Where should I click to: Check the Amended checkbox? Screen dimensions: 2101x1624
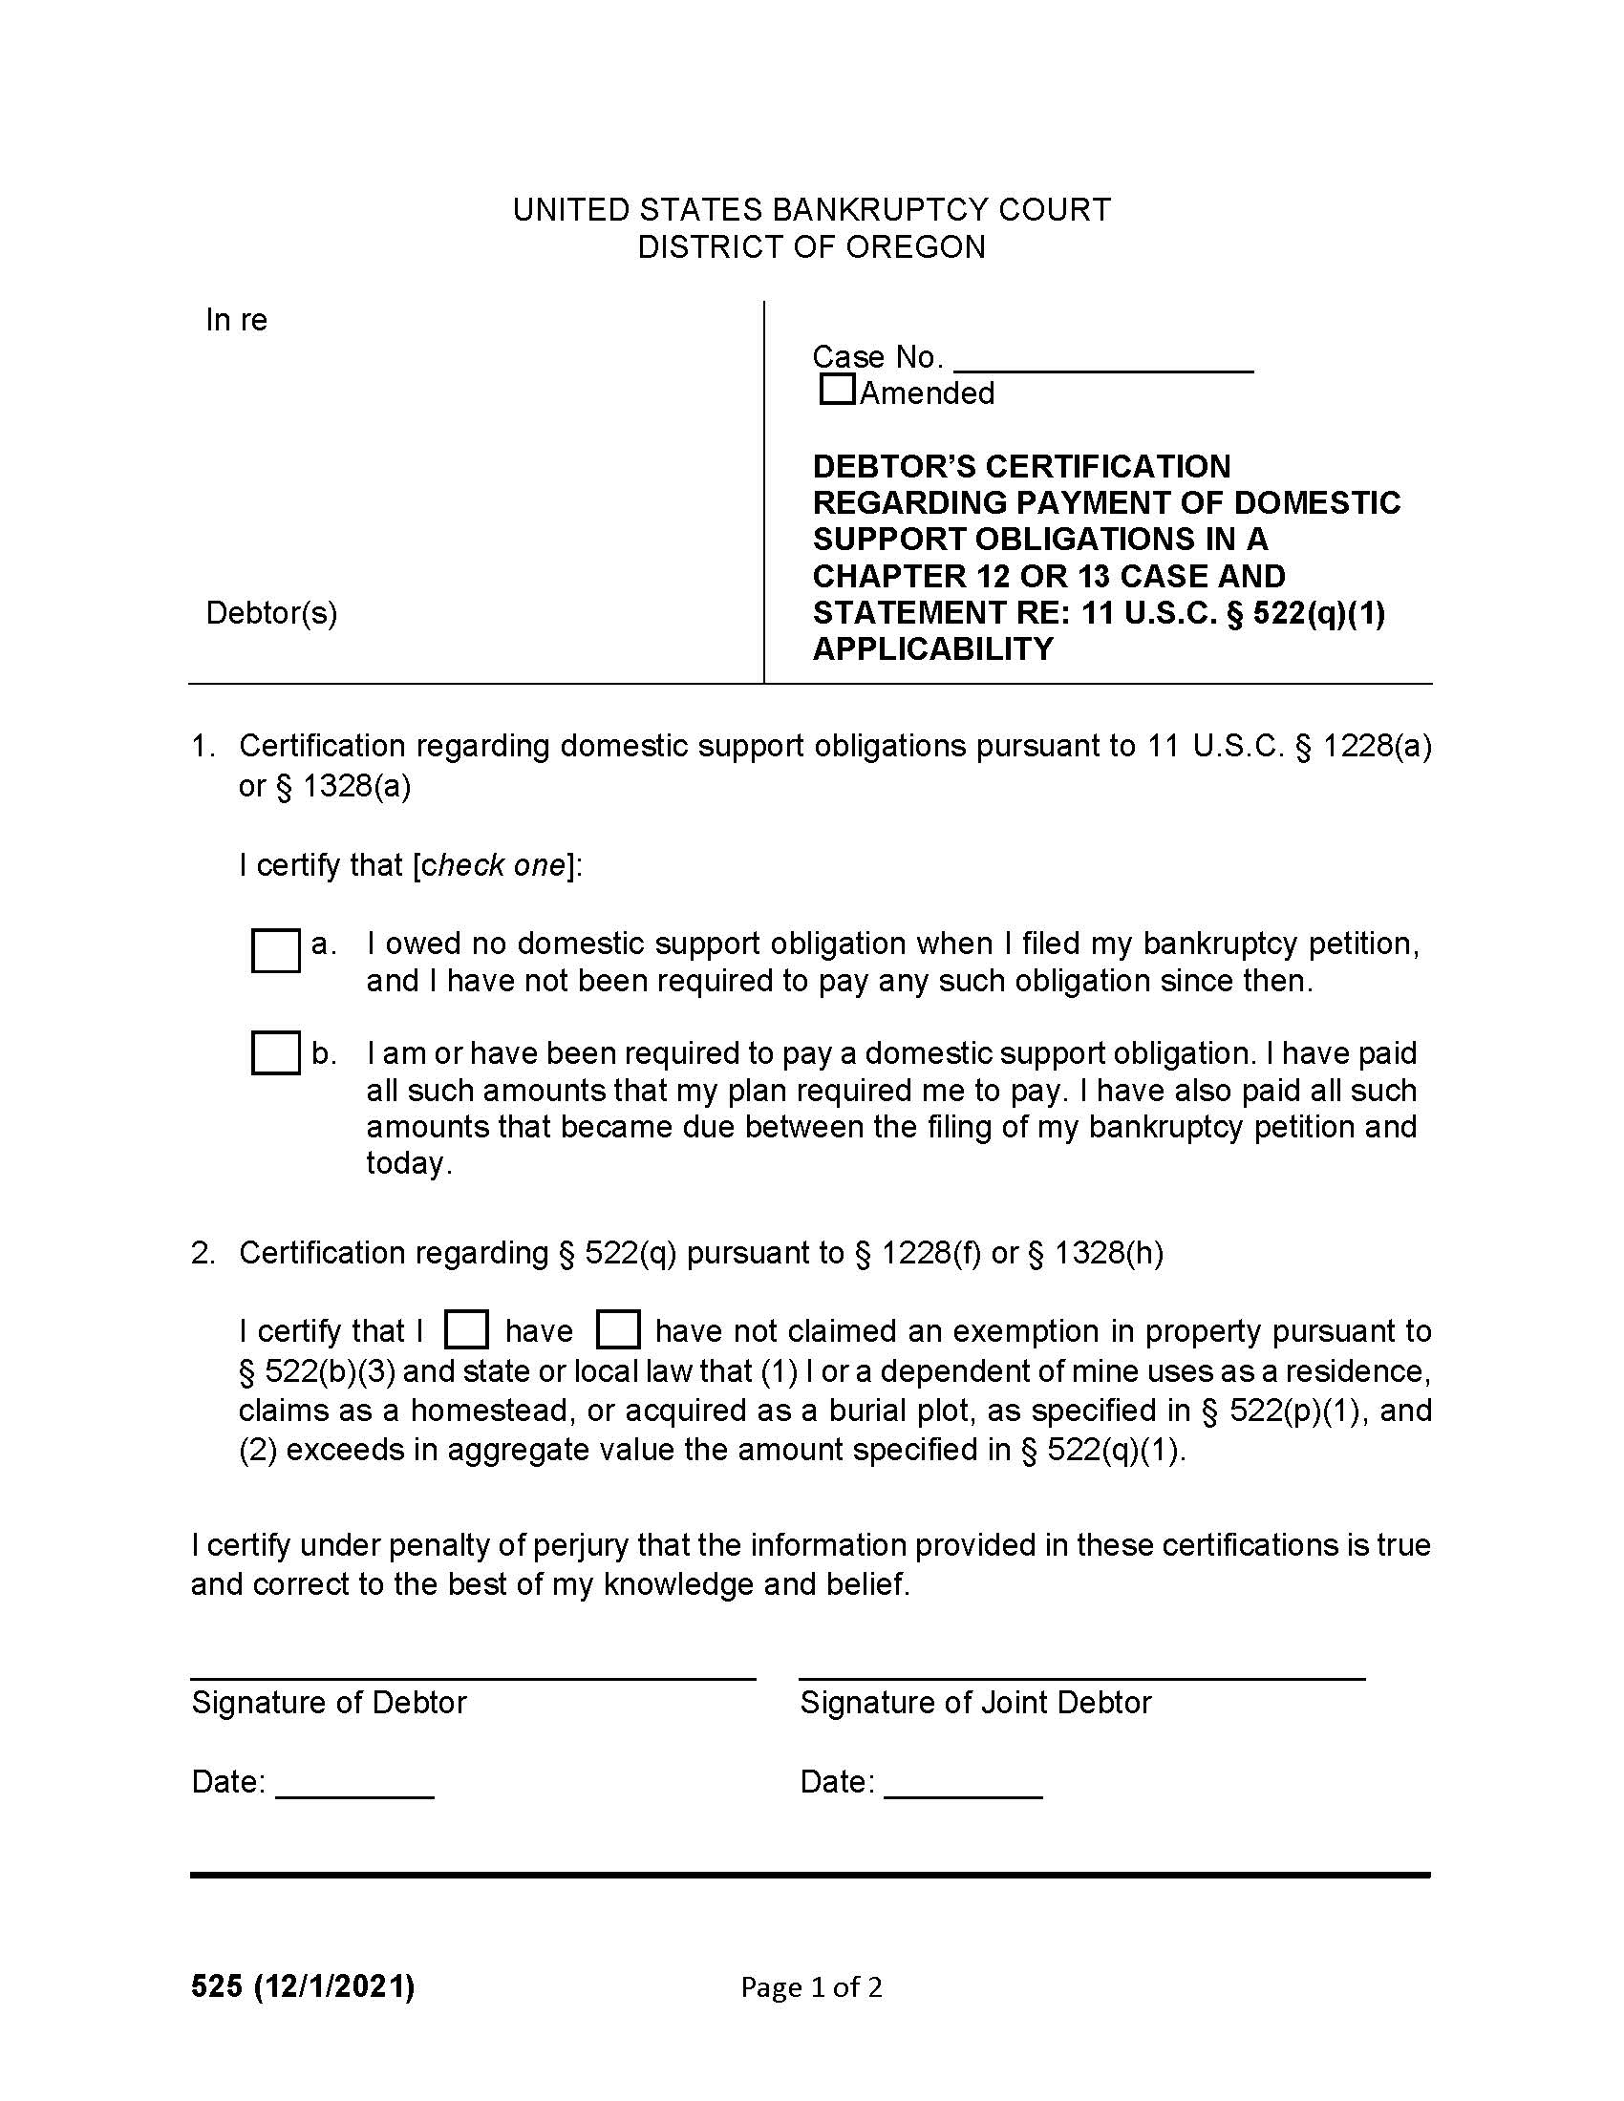(x=837, y=390)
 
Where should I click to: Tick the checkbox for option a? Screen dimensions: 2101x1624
(x=275, y=949)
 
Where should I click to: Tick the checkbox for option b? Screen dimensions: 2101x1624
(x=275, y=1052)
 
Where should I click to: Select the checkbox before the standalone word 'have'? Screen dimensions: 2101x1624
(x=466, y=1329)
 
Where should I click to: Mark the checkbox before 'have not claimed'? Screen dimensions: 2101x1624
(x=618, y=1329)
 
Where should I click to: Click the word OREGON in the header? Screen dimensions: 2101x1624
(x=916, y=247)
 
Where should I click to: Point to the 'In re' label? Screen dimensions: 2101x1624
(x=236, y=319)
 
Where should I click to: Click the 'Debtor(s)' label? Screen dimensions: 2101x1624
(x=271, y=613)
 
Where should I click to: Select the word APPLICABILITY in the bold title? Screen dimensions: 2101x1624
(x=932, y=649)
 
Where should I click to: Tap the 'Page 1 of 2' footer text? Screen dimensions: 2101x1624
(x=811, y=1987)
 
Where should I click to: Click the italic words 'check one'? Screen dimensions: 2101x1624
(x=494, y=865)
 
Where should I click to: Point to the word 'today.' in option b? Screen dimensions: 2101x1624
(x=409, y=1163)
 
